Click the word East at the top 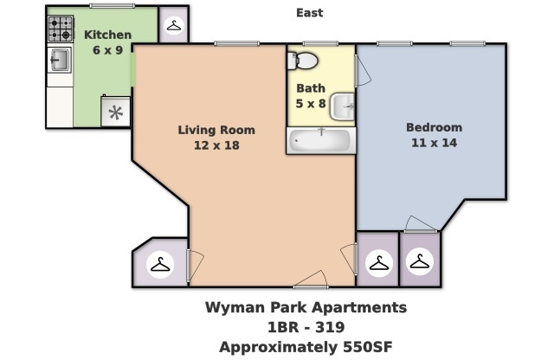[x=309, y=13]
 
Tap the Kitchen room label [x=107, y=35]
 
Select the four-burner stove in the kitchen [x=60, y=30]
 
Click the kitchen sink [x=59, y=60]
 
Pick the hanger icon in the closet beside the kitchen [x=173, y=26]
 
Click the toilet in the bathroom [x=303, y=60]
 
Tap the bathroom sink [x=345, y=106]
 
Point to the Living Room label [x=216, y=131]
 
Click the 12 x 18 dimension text [x=216, y=145]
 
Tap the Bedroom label [x=434, y=127]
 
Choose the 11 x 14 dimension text [x=434, y=142]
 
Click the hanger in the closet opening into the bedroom [x=420, y=261]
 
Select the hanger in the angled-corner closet [x=160, y=265]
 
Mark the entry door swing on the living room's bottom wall [x=310, y=280]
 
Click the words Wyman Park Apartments [x=306, y=307]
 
